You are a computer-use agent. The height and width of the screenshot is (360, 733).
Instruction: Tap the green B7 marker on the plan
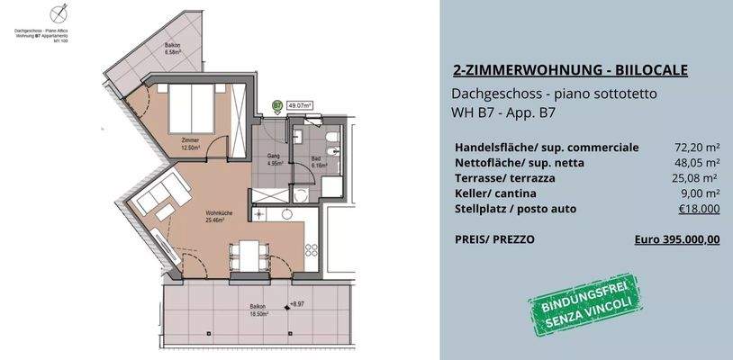pyautogui.click(x=276, y=106)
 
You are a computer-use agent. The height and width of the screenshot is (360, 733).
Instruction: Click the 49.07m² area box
pyautogui.click(x=300, y=106)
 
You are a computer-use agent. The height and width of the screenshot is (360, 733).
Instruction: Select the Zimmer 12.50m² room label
pyautogui.click(x=189, y=144)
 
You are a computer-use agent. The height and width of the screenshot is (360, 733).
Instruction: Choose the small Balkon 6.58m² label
pyautogui.click(x=173, y=48)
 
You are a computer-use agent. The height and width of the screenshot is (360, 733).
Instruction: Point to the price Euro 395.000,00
pyautogui.click(x=677, y=239)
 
